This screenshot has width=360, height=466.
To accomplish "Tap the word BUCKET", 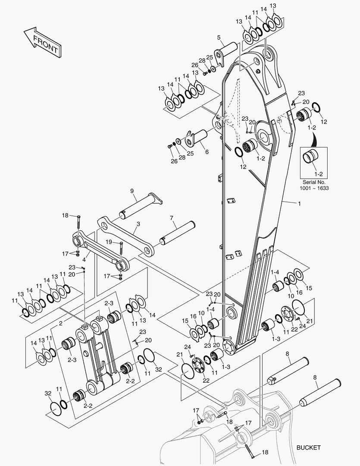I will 309,447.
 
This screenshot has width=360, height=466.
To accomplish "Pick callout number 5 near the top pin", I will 219,37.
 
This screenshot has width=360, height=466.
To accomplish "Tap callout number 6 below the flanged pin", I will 207,152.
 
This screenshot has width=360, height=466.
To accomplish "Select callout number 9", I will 132,191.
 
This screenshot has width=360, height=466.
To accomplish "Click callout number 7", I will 171,218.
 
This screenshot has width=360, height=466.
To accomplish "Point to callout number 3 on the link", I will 138,224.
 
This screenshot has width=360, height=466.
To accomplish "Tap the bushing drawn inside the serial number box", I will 313,157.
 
